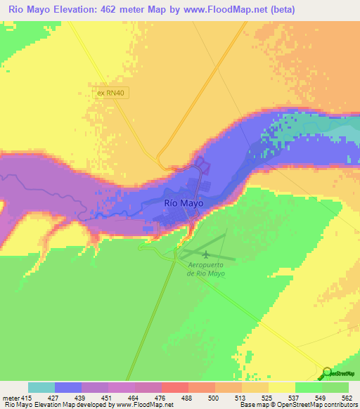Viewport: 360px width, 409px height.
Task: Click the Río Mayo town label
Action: (x=184, y=202)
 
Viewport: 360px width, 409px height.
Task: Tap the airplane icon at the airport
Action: (x=205, y=254)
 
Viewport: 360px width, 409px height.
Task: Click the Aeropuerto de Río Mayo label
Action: (x=206, y=268)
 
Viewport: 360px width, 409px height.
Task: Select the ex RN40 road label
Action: (x=114, y=92)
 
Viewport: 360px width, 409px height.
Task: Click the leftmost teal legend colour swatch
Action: (x=41, y=387)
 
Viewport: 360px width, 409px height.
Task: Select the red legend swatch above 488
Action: (x=175, y=387)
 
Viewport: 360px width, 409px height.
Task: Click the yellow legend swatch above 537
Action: (x=281, y=387)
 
